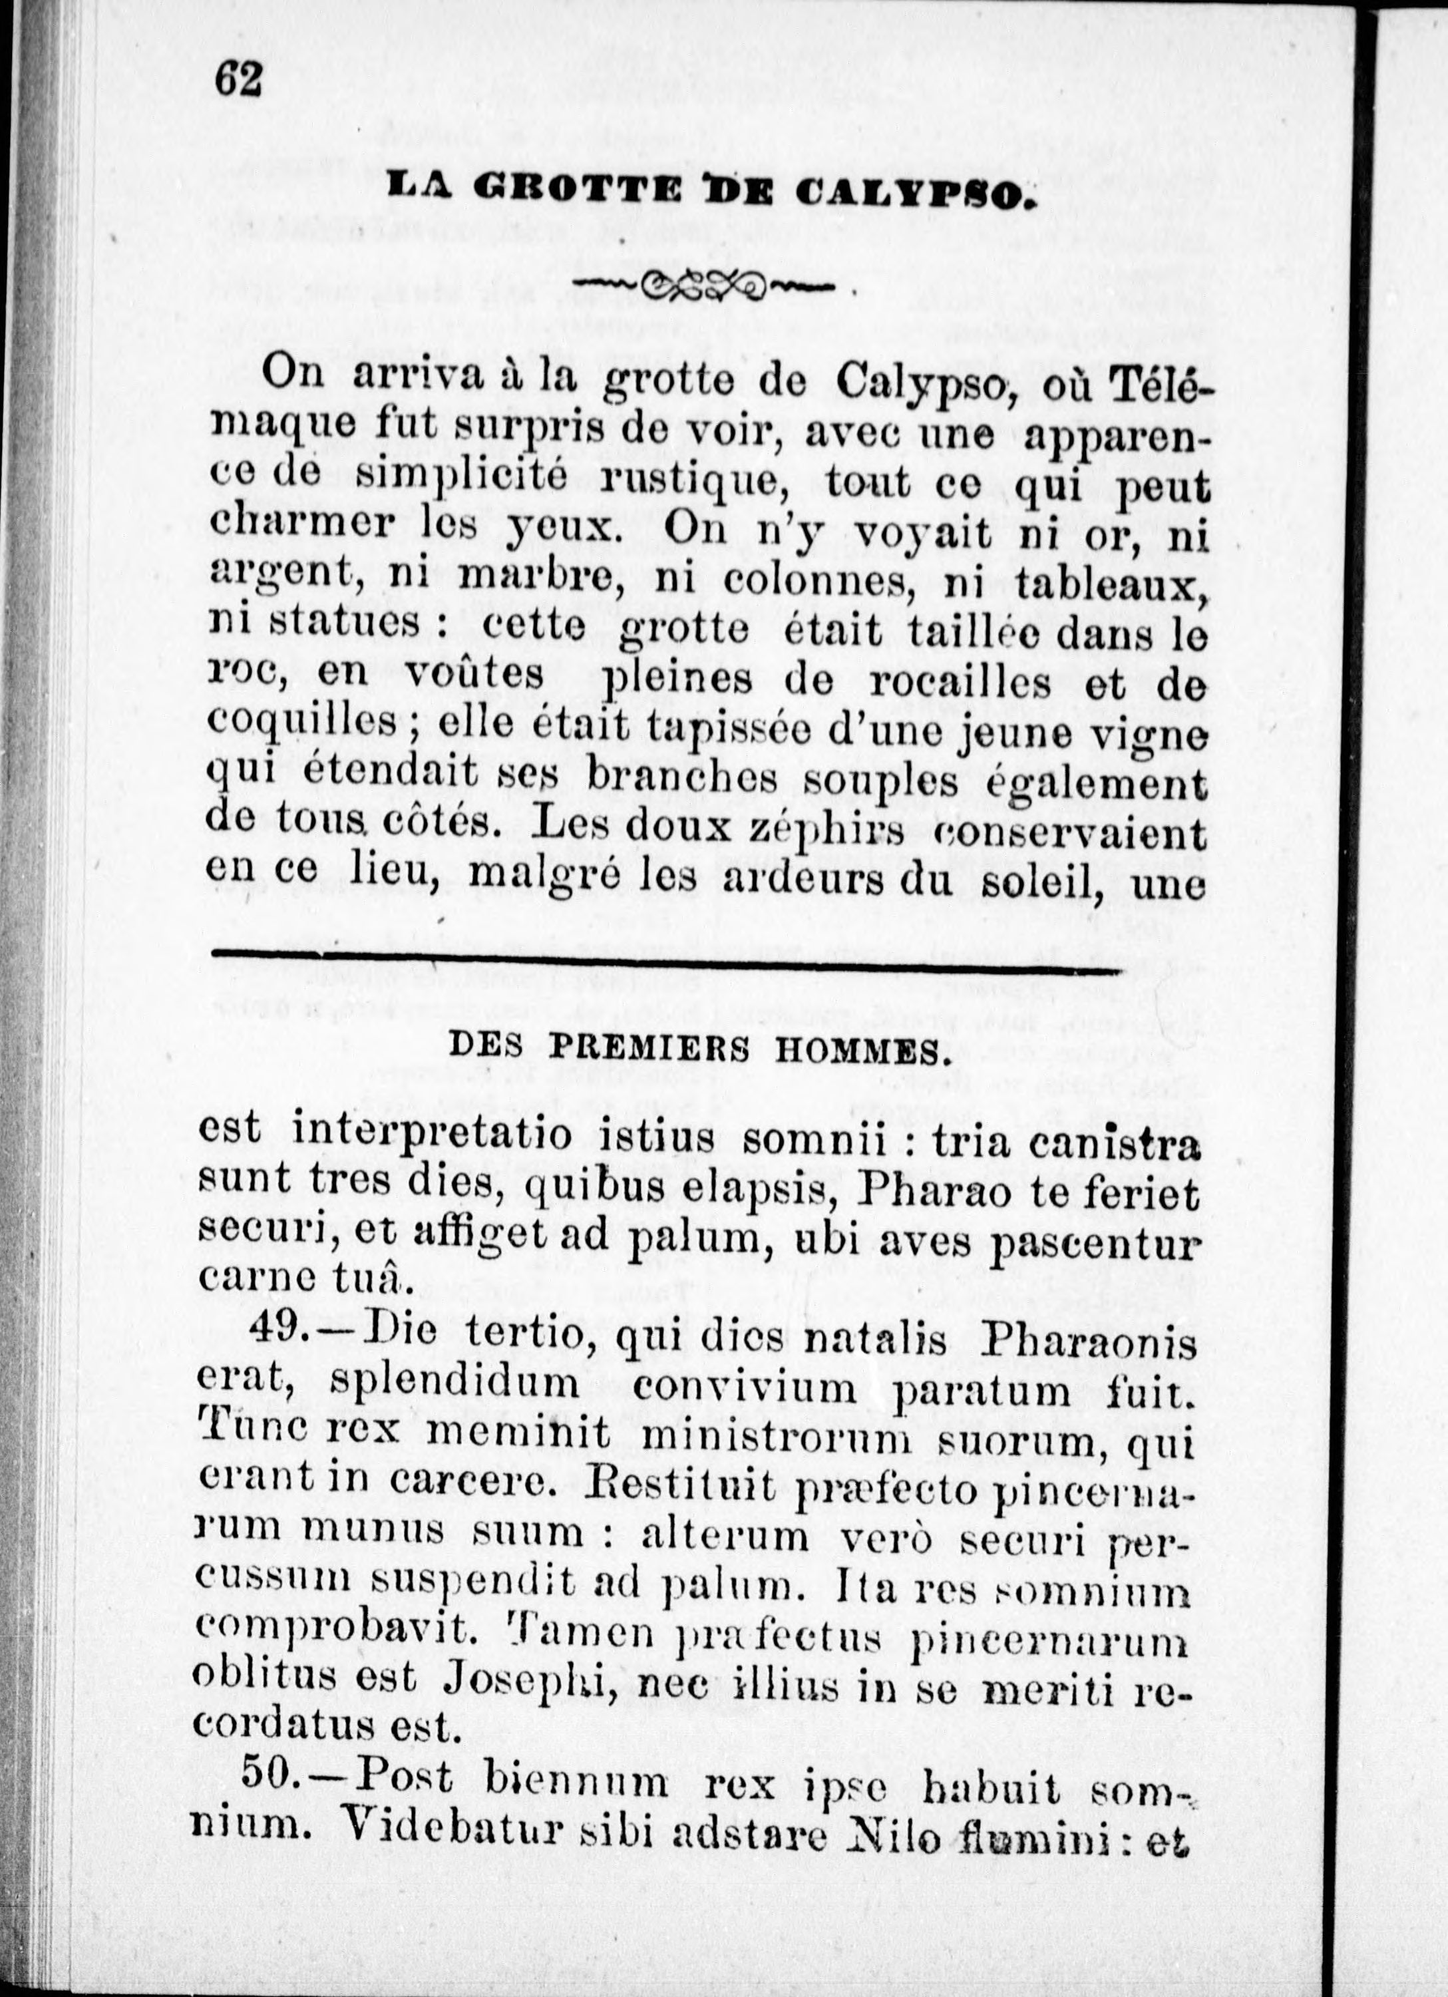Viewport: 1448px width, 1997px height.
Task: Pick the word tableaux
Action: coord(1111,582)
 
